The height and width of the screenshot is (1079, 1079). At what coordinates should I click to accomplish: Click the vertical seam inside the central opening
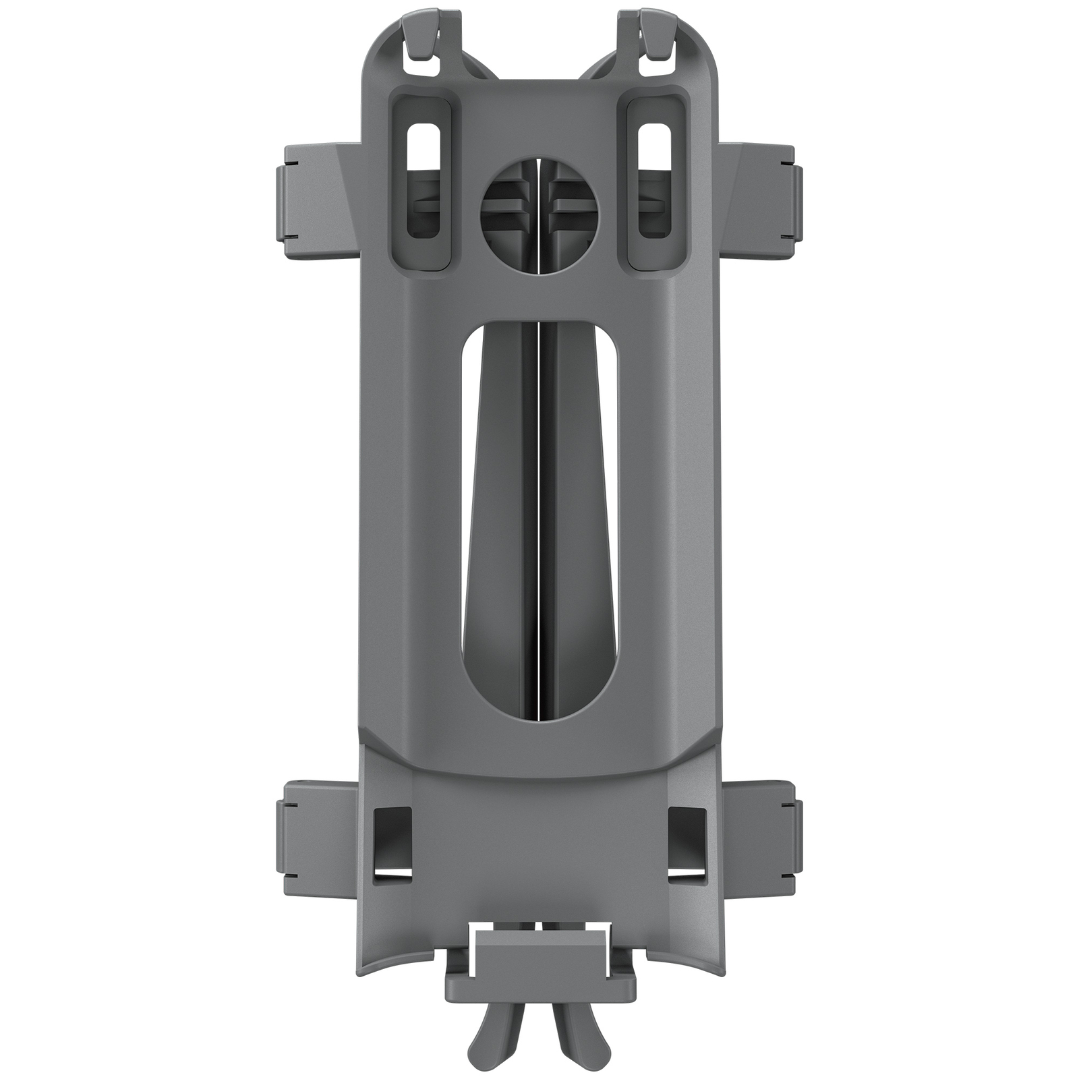(x=539, y=526)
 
